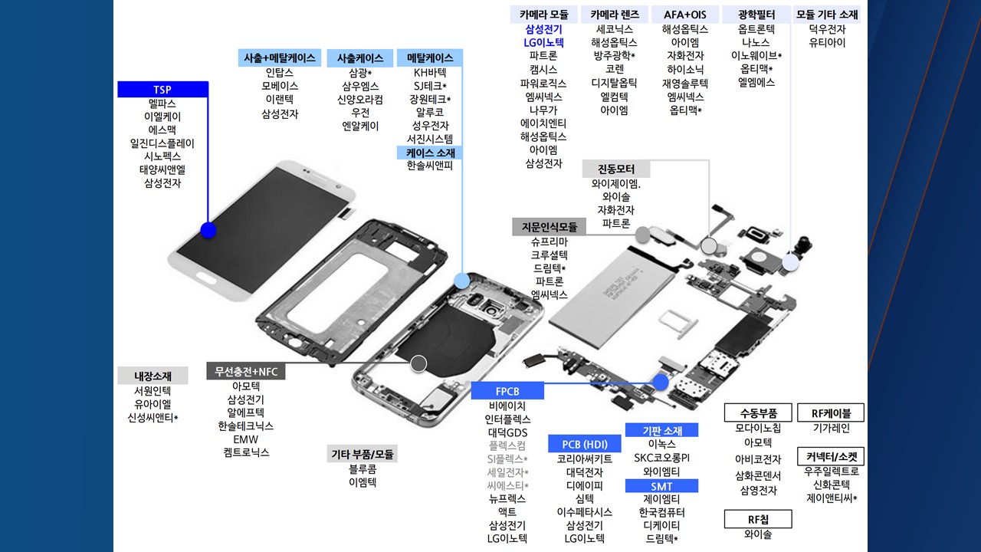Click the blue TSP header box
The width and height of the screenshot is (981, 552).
(x=162, y=90)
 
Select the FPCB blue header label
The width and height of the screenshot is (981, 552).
(x=507, y=391)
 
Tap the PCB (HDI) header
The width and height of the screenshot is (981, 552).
(x=585, y=444)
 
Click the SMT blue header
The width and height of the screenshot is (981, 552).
(x=661, y=485)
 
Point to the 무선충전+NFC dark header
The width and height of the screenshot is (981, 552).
(x=246, y=372)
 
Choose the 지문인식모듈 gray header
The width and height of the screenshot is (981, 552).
(x=549, y=227)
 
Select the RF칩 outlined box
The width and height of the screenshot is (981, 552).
(x=758, y=519)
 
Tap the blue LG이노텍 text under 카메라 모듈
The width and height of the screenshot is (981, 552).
(x=543, y=42)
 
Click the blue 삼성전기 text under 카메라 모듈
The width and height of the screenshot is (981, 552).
(x=543, y=29)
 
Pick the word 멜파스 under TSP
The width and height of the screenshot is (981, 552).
(x=162, y=103)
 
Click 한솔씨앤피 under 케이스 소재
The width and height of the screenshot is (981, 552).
(x=430, y=165)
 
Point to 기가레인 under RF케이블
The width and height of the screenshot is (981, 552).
(x=832, y=428)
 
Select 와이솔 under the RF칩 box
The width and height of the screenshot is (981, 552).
(x=758, y=534)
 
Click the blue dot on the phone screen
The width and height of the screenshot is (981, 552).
(x=208, y=230)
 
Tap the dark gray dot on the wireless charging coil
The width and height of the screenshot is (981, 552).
(x=418, y=363)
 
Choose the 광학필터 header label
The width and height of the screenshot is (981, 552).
(x=756, y=15)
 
